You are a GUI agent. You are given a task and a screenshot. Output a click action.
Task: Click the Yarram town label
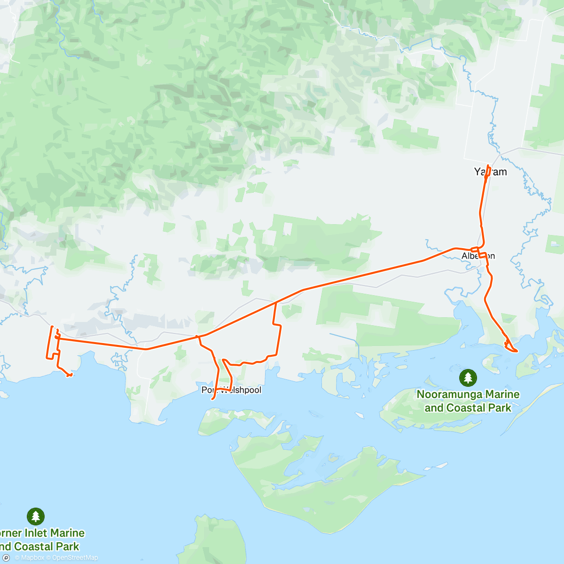tap(491, 172)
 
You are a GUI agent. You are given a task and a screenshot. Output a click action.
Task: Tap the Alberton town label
tap(478, 256)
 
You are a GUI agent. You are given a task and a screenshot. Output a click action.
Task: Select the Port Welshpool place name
tap(231, 390)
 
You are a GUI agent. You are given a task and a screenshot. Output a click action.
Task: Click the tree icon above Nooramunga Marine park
tap(468, 377)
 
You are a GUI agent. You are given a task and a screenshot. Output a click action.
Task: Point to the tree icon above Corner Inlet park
tap(36, 516)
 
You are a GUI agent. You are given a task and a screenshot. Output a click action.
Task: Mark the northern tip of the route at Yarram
tap(488, 166)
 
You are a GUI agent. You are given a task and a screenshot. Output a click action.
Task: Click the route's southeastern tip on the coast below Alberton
tap(516, 351)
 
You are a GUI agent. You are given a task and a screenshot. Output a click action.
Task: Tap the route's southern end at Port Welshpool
tap(213, 399)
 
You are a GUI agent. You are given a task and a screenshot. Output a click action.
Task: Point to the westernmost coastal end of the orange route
tap(70, 375)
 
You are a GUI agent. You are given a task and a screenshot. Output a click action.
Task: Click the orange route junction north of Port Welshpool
tap(198, 336)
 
